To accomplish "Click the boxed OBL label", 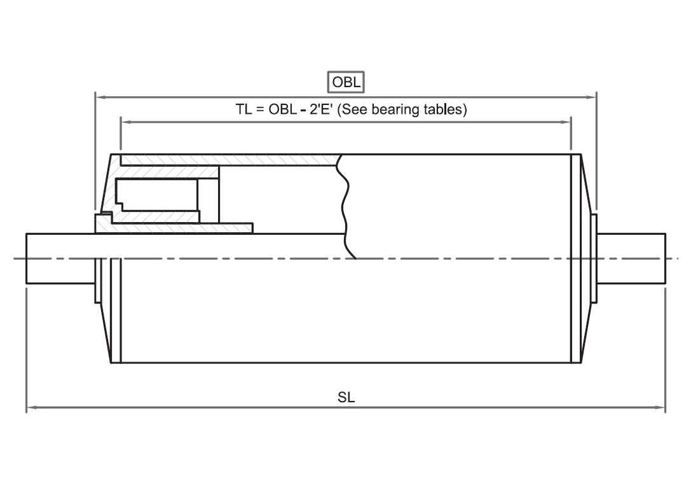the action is click(x=346, y=82).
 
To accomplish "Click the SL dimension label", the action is click(x=346, y=397).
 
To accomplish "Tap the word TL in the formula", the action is click(x=244, y=109).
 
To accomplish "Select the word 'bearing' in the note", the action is click(x=392, y=109).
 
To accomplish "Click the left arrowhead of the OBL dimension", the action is click(x=100, y=97).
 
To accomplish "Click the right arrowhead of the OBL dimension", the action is click(x=592, y=97).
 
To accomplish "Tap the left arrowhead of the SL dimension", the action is click(x=31, y=407).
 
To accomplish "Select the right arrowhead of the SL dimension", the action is click(x=660, y=407).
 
